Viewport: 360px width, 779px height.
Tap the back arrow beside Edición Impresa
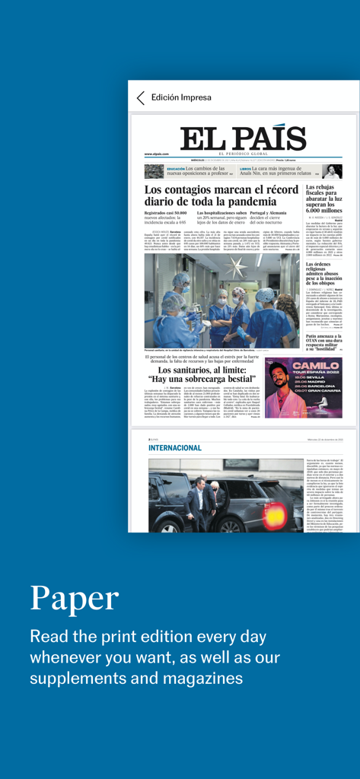(x=140, y=97)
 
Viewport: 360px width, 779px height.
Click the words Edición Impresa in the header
(x=181, y=97)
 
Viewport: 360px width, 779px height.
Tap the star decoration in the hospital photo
(x=246, y=269)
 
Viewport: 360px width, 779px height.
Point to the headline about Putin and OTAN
(x=323, y=342)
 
